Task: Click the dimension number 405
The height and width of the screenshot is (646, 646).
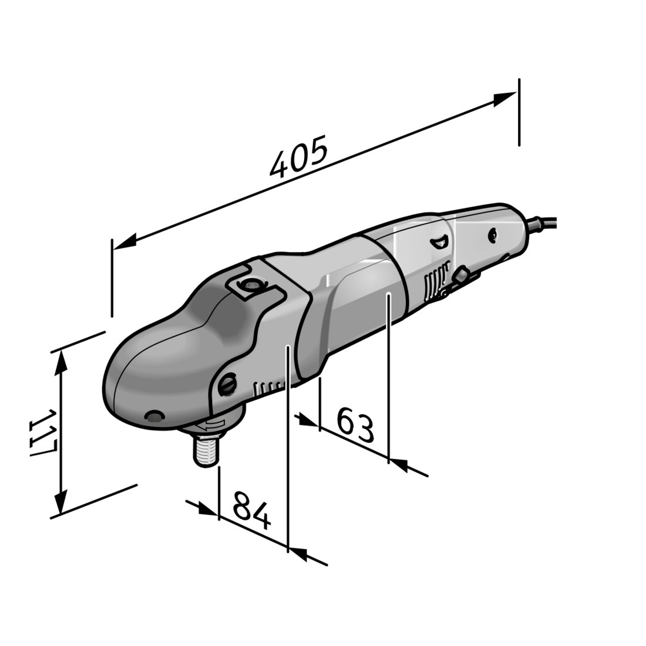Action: pyautogui.click(x=298, y=157)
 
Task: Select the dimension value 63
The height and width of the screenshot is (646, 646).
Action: pyautogui.click(x=355, y=425)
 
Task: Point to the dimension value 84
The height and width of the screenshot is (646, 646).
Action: pyautogui.click(x=251, y=510)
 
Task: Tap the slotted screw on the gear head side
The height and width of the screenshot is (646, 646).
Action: pyautogui.click(x=227, y=385)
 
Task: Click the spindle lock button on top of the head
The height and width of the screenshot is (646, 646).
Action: pyautogui.click(x=250, y=284)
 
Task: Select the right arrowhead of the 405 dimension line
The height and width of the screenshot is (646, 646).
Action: pyautogui.click(x=504, y=99)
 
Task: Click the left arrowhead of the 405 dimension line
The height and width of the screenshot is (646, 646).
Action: pyautogui.click(x=125, y=242)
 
